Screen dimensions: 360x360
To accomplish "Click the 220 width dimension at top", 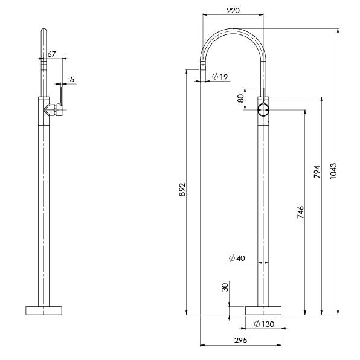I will click(x=233, y=10).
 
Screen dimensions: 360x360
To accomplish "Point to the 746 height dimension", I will click(x=300, y=211).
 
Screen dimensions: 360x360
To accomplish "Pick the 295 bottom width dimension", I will click(x=240, y=341).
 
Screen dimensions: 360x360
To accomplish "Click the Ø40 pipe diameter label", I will click(x=237, y=259).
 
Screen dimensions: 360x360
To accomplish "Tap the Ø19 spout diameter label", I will click(x=219, y=77).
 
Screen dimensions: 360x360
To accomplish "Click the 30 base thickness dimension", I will click(x=225, y=288).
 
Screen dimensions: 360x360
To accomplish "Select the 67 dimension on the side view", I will click(x=51, y=54).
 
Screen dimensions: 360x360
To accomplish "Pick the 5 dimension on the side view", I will click(x=72, y=79).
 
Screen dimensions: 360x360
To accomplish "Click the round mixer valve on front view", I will click(x=263, y=110).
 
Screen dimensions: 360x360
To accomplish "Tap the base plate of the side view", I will click(x=43, y=310).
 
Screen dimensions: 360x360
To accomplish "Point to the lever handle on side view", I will click(x=60, y=96).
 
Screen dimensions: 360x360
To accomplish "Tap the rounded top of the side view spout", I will click(x=43, y=30).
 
